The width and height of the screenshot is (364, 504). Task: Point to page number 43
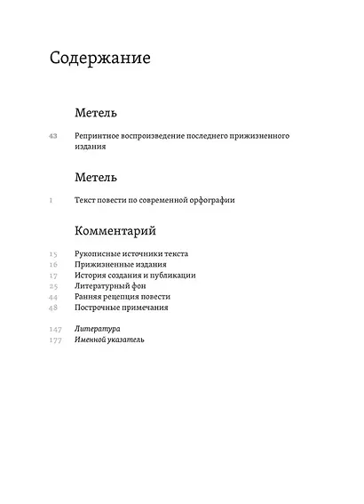point(53,135)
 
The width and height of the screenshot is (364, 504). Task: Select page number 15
point(53,254)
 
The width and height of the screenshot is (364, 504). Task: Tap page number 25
point(53,286)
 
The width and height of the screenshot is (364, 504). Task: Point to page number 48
point(53,308)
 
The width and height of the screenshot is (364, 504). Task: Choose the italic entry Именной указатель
point(110,340)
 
